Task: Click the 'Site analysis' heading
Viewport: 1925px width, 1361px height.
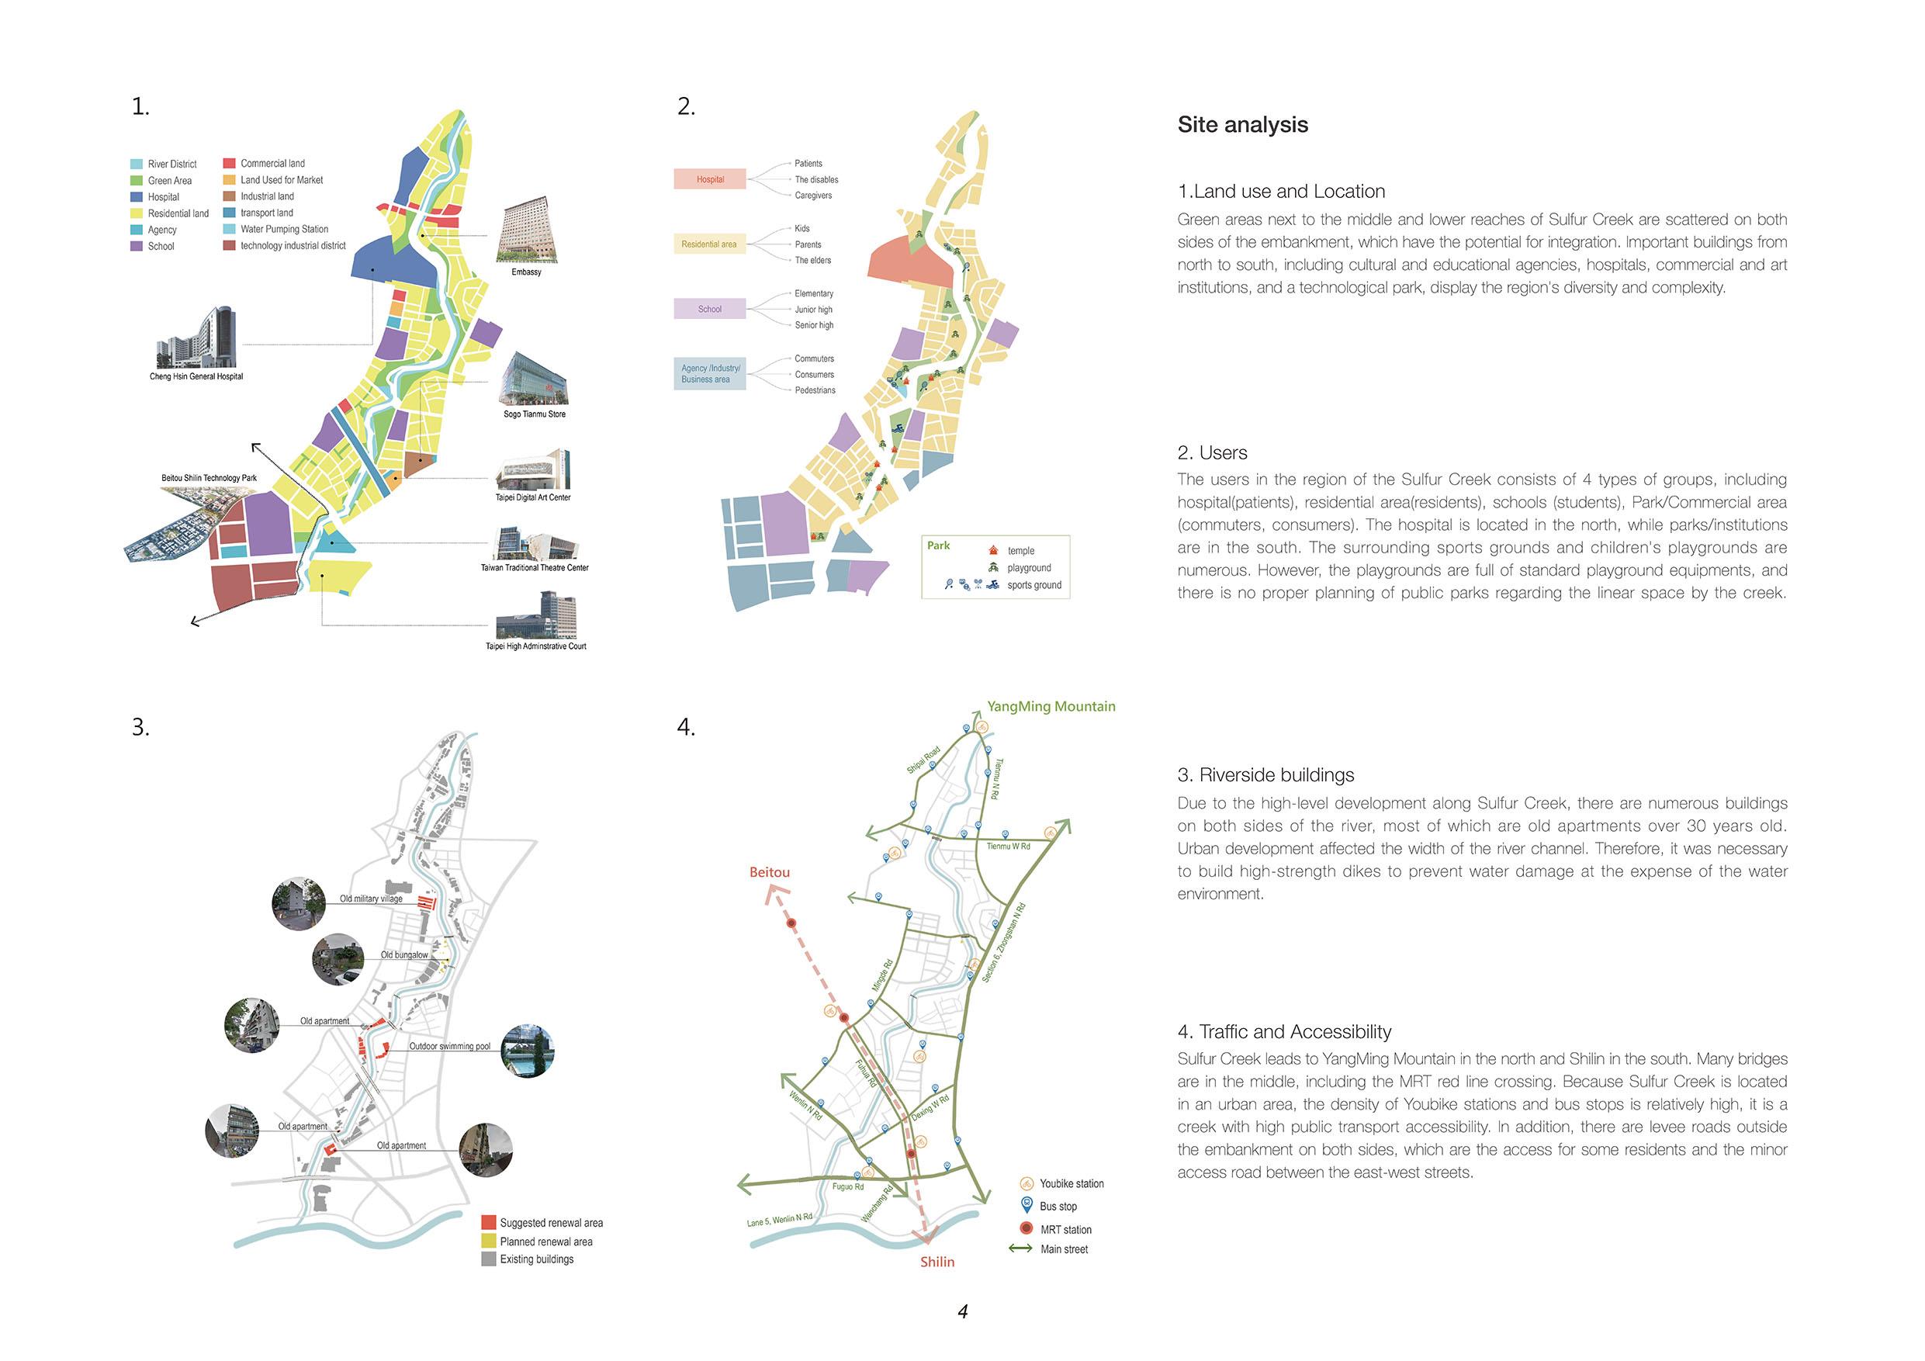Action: pyautogui.click(x=1241, y=125)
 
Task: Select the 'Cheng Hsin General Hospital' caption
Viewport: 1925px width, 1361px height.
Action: pyautogui.click(x=196, y=376)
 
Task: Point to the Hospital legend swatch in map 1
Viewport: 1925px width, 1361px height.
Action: pyautogui.click(x=137, y=197)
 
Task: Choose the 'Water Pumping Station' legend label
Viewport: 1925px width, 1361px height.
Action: pyautogui.click(x=284, y=229)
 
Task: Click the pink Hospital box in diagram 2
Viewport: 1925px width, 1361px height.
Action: pyautogui.click(x=709, y=178)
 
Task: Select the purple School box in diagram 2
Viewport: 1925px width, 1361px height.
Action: pyautogui.click(x=709, y=309)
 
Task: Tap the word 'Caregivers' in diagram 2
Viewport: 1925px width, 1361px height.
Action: pyautogui.click(x=813, y=196)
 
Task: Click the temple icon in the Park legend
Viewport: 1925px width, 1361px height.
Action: pyautogui.click(x=993, y=550)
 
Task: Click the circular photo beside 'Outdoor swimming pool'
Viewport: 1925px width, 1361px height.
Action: pyautogui.click(x=528, y=1051)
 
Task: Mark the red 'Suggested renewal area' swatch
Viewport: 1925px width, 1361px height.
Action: pyautogui.click(x=489, y=1222)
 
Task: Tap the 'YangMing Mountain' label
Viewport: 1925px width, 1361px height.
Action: pyautogui.click(x=1051, y=706)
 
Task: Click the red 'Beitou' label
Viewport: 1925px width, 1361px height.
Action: pyautogui.click(x=769, y=872)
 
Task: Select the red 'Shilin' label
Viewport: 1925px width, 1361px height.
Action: pyautogui.click(x=937, y=1262)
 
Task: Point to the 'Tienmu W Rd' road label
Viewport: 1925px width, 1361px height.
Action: pyautogui.click(x=1008, y=846)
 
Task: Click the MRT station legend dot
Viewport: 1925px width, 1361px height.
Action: pyautogui.click(x=1026, y=1228)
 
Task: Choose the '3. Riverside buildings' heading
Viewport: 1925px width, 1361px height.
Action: pyautogui.click(x=1276, y=775)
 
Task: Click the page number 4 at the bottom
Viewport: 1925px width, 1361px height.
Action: pyautogui.click(x=962, y=1311)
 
